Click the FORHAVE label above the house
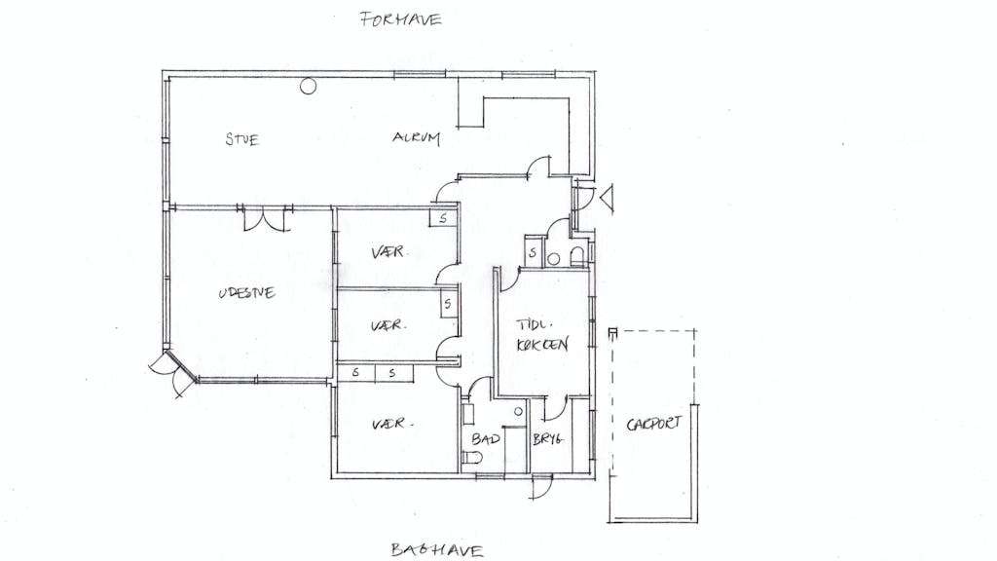400,19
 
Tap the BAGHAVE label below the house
437,549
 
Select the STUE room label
242,138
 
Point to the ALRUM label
416,137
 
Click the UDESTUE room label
246,292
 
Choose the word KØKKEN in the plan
542,344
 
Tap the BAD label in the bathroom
486,438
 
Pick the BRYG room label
547,438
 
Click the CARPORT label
653,424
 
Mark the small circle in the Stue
309,86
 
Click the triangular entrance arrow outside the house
608,198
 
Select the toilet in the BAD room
471,458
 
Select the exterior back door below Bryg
541,487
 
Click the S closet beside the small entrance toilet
533,252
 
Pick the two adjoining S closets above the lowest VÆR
375,373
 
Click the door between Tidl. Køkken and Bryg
554,408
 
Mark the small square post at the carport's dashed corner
612,332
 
